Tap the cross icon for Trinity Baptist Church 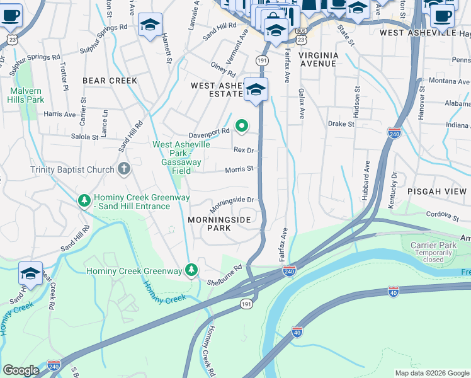point(124,169)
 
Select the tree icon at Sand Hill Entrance point(83,200)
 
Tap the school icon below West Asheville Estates point(256,90)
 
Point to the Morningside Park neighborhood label point(220,224)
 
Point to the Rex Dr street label point(243,150)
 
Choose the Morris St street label point(239,169)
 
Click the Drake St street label point(341,124)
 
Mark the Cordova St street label point(443,216)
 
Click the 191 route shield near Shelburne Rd point(246,304)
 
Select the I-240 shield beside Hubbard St point(394,132)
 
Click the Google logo point(21,370)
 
